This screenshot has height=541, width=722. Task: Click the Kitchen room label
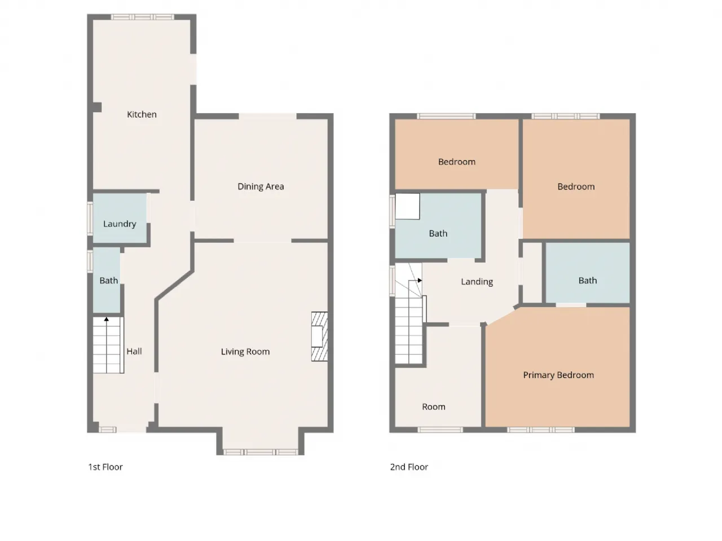pyautogui.click(x=142, y=114)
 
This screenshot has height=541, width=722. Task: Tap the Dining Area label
pyautogui.click(x=261, y=187)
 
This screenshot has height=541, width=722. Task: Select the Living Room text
pyautogui.click(x=245, y=352)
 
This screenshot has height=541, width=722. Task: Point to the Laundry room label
pyautogui.click(x=120, y=224)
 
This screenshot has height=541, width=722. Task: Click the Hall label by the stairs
pyautogui.click(x=134, y=352)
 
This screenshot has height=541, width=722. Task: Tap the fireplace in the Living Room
pyautogui.click(x=319, y=336)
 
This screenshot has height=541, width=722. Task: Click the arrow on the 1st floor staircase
pyautogui.click(x=106, y=319)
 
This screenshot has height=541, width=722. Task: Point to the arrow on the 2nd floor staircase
pyautogui.click(x=420, y=280)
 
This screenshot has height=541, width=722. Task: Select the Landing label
pyautogui.click(x=477, y=282)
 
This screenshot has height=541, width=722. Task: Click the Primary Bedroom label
pyautogui.click(x=558, y=375)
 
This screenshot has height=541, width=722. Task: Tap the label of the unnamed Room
pyautogui.click(x=434, y=407)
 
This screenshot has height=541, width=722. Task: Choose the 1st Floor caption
pyautogui.click(x=105, y=467)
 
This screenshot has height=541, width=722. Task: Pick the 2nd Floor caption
pyautogui.click(x=409, y=467)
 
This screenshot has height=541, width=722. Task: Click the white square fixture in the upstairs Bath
pyautogui.click(x=407, y=206)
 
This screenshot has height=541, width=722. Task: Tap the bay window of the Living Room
pyautogui.click(x=261, y=453)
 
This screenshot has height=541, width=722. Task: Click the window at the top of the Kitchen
pyautogui.click(x=142, y=17)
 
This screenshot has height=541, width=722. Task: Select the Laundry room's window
pyautogui.click(x=90, y=219)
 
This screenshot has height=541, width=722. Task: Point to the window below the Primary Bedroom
pyautogui.click(x=541, y=430)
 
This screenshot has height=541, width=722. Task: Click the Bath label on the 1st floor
pyautogui.click(x=108, y=281)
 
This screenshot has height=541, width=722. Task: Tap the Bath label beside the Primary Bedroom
pyautogui.click(x=587, y=281)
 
